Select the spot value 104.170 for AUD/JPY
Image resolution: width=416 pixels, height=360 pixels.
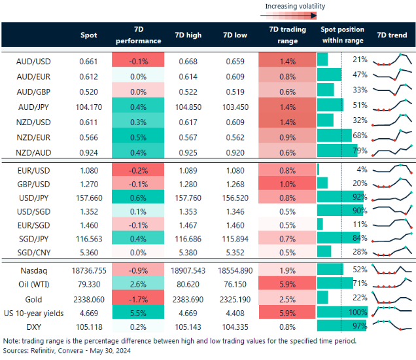(88, 105)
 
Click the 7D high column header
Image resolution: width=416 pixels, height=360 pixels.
(188, 35)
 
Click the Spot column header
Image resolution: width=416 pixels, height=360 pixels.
(89, 35)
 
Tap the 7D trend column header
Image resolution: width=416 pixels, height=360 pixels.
(393, 35)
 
